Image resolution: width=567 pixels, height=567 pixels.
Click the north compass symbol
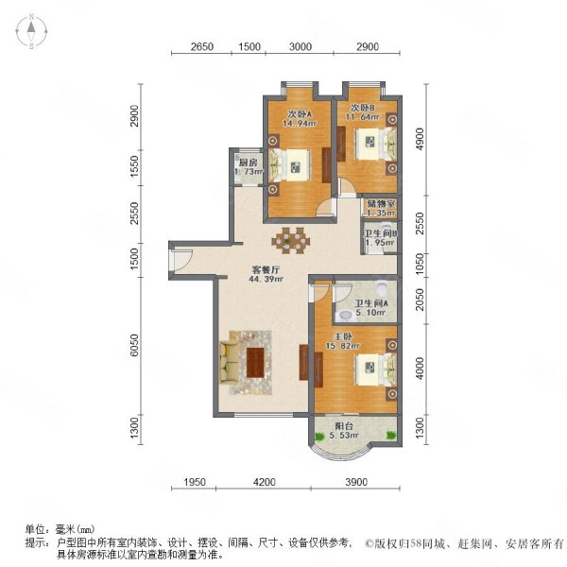[31, 31]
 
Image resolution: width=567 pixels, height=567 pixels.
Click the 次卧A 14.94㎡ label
[300, 118]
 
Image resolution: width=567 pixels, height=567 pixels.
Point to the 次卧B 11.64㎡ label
[365, 112]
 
